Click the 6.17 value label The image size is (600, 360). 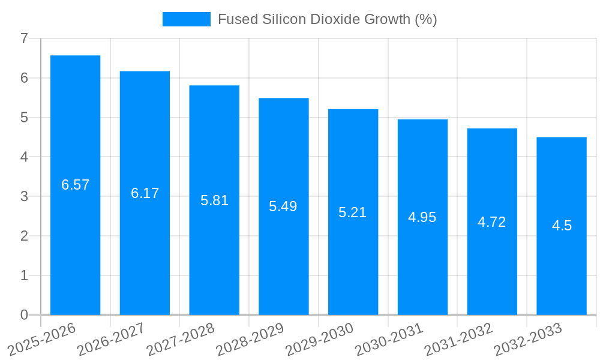145,193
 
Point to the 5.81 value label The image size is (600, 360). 214,200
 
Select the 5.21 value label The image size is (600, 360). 353,212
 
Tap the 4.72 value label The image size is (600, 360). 492,222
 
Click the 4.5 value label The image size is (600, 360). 562,226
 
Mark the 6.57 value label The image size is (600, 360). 75,185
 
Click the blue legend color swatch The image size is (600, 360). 186,19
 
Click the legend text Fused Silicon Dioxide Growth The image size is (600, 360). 327,19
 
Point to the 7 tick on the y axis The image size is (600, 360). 24,38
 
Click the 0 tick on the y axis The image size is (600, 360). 24,315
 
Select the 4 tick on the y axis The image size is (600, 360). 24,157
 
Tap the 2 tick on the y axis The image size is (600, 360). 24,236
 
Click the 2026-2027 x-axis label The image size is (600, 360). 111,340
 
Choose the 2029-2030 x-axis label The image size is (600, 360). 319,340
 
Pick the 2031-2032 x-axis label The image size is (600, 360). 458,340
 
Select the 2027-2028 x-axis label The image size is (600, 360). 181,340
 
